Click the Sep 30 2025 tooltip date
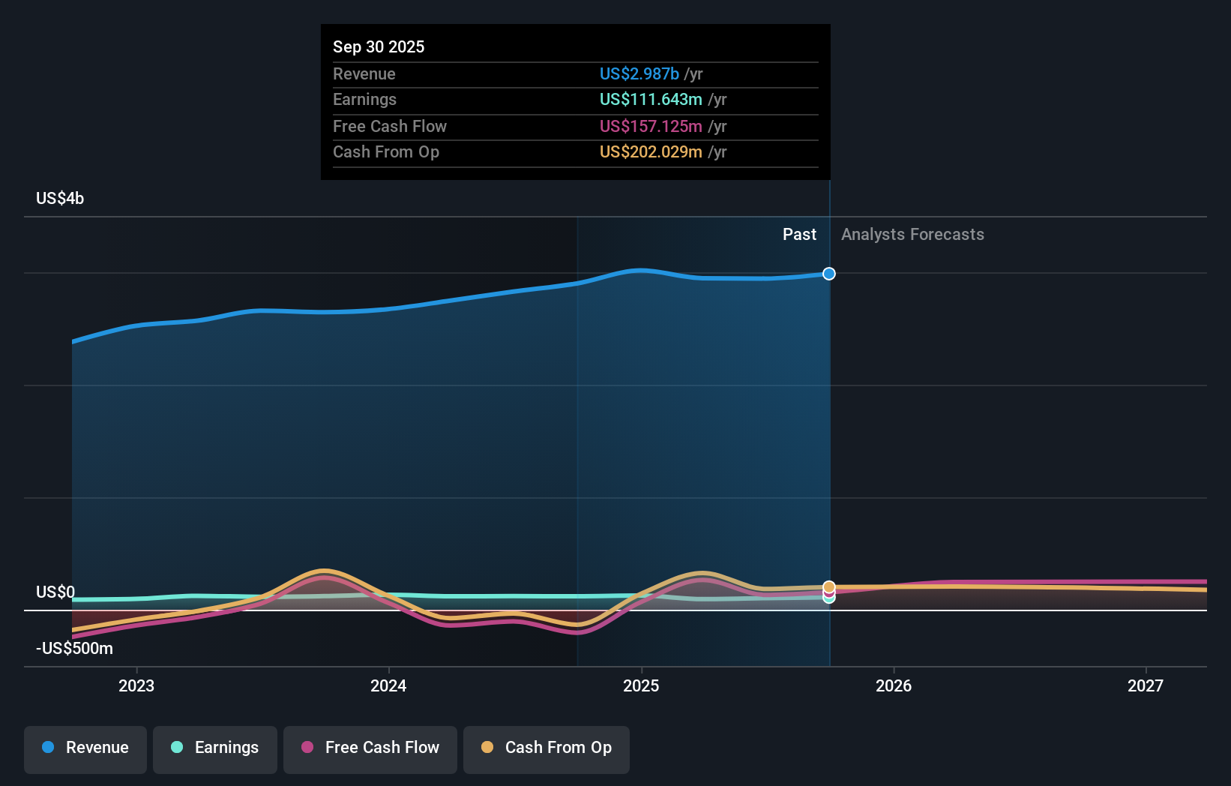pos(379,46)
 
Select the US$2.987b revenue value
pos(639,73)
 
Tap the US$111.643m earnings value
pos(651,100)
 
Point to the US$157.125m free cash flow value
pos(651,126)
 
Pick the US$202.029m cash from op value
pos(651,152)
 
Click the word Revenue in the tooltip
pos(364,73)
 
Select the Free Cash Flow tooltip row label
pos(390,126)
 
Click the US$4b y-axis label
pos(60,198)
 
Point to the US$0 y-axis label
pos(55,592)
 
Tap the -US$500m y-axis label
pos(75,648)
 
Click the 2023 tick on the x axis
pos(136,685)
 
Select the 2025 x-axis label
pos(641,685)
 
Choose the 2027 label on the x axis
pos(1146,685)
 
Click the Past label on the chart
pos(799,234)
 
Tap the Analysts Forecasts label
pos(912,234)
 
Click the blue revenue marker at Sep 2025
pos(828,274)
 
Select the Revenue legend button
pos(85,748)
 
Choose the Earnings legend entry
pos(215,748)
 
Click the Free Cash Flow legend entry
pos(370,748)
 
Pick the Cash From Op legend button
pos(547,748)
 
